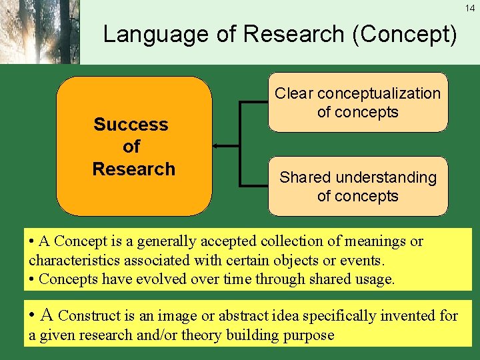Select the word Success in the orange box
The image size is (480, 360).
(131, 125)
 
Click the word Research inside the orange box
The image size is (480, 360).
(133, 169)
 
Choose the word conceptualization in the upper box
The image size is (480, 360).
(379, 93)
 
